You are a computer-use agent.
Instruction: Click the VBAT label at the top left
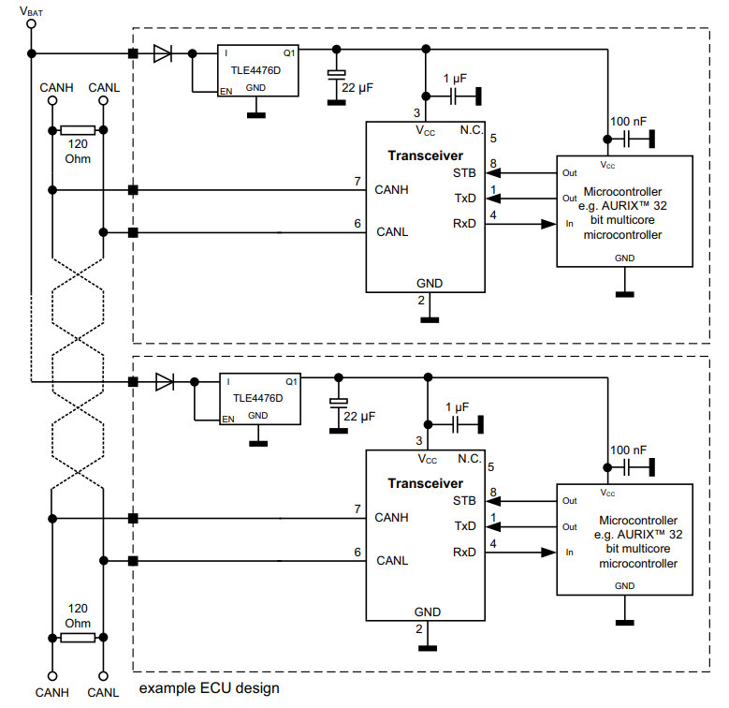pyautogui.click(x=31, y=12)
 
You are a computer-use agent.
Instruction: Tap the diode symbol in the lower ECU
pyautogui.click(x=165, y=381)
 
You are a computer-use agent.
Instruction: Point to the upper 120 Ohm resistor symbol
pyautogui.click(x=77, y=131)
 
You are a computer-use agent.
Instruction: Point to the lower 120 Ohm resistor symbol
pyautogui.click(x=77, y=638)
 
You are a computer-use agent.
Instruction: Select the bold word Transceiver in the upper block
pyautogui.click(x=426, y=154)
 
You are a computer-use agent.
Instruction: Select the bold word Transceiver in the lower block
pyautogui.click(x=426, y=483)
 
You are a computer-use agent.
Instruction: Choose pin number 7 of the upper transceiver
pyautogui.click(x=357, y=181)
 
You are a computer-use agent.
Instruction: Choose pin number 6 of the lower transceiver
pyautogui.click(x=357, y=552)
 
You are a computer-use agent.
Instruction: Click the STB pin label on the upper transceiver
pyautogui.click(x=464, y=173)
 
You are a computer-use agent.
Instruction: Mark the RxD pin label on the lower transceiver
pyautogui.click(x=464, y=552)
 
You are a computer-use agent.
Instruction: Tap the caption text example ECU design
pyautogui.click(x=209, y=688)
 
